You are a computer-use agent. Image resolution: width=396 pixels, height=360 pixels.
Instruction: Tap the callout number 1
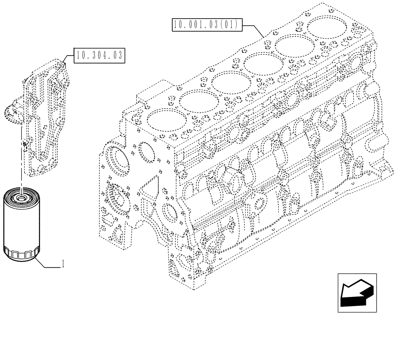point(63,264)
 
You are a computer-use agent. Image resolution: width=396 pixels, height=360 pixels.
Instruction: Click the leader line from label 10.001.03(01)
point(253,30)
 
